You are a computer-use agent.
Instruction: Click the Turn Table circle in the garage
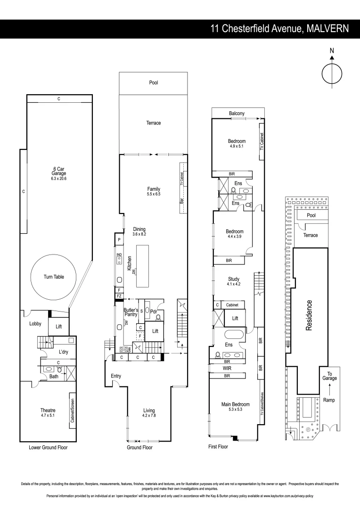coord(53,277)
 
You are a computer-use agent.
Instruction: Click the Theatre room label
coord(48,410)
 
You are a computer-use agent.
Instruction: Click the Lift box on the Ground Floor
coord(155,331)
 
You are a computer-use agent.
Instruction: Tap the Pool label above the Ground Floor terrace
coord(153,82)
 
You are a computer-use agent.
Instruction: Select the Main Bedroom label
coord(235,404)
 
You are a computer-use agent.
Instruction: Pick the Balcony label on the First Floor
coord(237,114)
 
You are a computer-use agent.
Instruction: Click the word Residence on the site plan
coord(310,315)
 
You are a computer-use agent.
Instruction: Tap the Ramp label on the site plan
coord(329,400)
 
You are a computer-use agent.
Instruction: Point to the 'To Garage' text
coord(329,375)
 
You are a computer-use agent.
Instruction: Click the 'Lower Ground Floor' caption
coord(48,448)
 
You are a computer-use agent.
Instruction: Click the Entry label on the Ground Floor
coord(116,376)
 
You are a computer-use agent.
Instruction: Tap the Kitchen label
coord(129,263)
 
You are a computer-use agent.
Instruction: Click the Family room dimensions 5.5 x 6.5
coord(154,194)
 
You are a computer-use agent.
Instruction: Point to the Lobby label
coord(35,324)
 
